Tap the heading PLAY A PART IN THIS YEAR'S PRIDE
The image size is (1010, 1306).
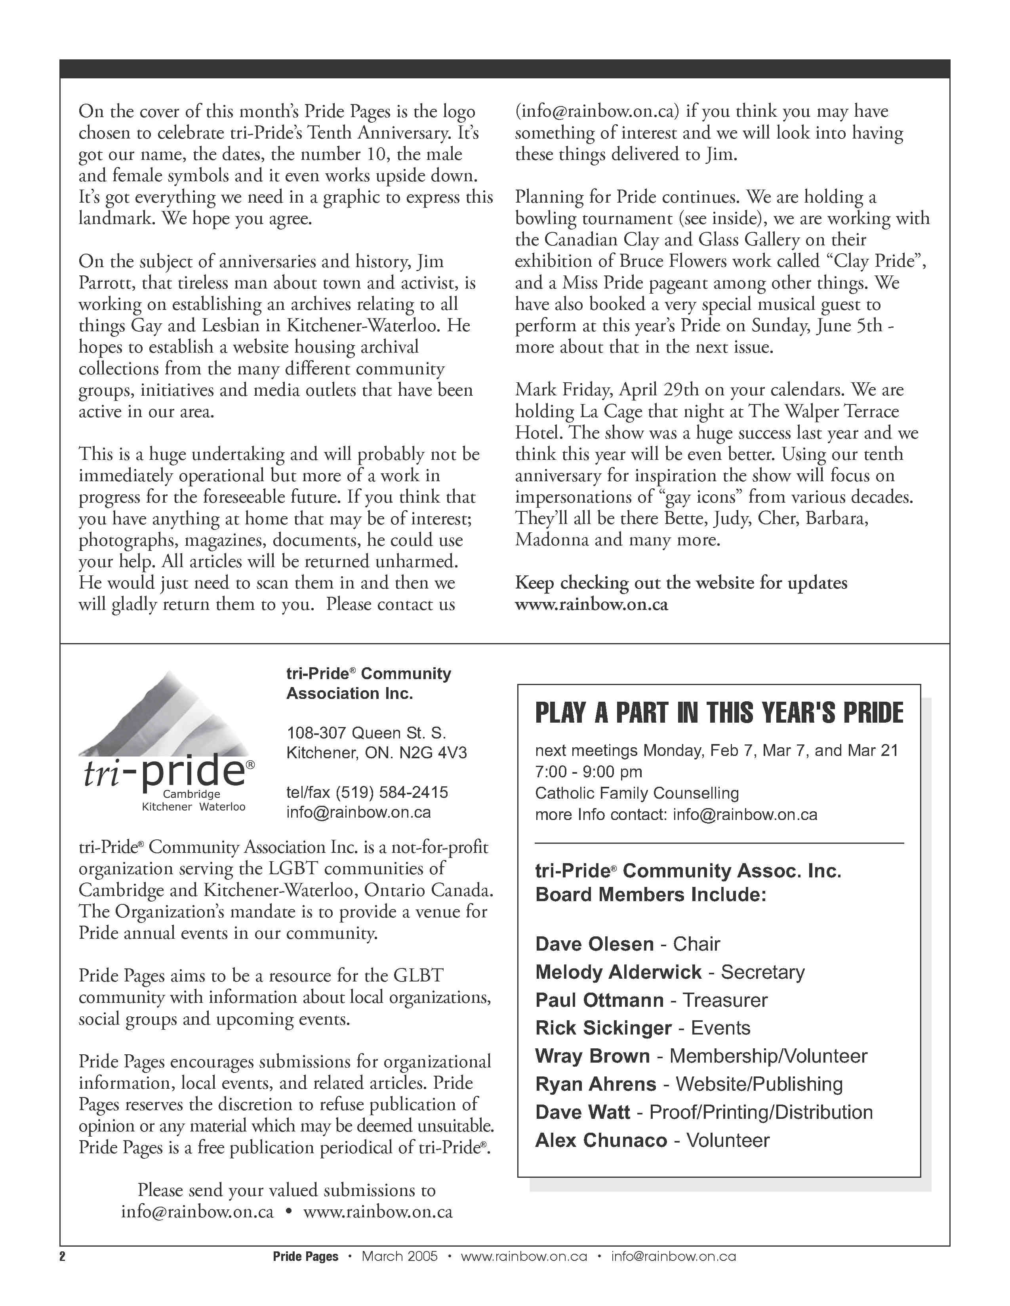coord(718,713)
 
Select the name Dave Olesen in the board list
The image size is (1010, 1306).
coord(594,944)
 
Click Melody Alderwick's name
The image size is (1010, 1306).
coord(618,972)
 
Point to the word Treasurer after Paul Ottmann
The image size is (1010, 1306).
coord(724,1000)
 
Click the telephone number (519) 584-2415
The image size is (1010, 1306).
coord(391,793)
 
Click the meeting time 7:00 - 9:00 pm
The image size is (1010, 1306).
coord(588,772)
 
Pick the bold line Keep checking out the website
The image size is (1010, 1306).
coord(681,583)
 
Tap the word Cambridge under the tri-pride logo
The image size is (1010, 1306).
coord(191,795)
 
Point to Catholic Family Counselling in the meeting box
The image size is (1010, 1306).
coord(636,793)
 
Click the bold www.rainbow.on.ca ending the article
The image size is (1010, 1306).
coord(591,605)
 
